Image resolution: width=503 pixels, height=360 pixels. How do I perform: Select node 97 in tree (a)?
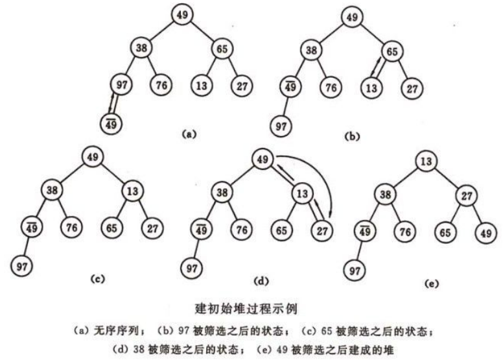pyautogui.click(x=121, y=84)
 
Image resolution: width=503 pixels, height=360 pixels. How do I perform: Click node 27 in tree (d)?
pyautogui.click(x=322, y=230)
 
